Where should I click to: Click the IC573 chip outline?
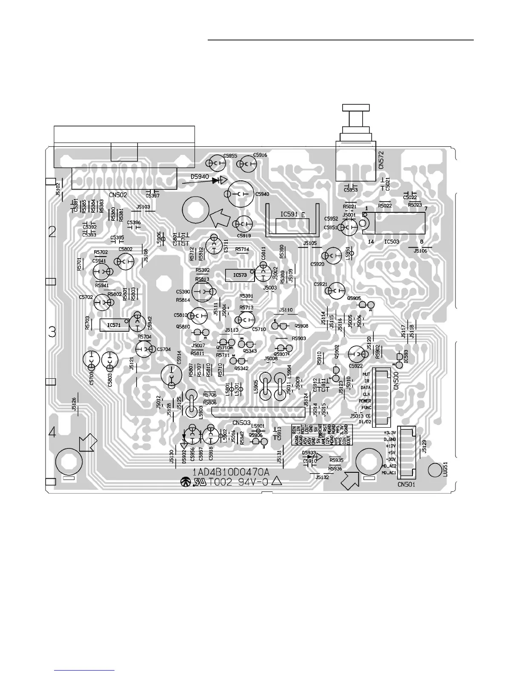click(x=240, y=275)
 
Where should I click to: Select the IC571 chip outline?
click(x=114, y=325)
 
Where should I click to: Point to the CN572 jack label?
click(x=381, y=159)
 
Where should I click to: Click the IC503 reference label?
click(x=392, y=242)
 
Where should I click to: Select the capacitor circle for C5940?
click(x=240, y=194)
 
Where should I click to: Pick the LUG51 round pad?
click(x=435, y=470)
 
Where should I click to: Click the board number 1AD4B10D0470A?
click(x=231, y=472)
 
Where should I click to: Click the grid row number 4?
click(x=52, y=433)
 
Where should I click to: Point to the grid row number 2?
click(x=52, y=232)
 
